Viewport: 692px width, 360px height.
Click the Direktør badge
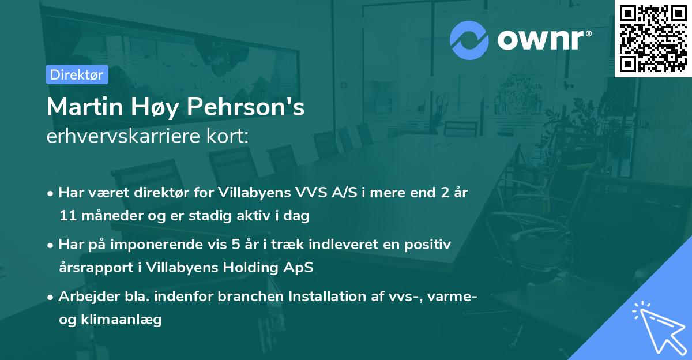coord(77,74)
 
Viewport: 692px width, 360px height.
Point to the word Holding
coord(258,268)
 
